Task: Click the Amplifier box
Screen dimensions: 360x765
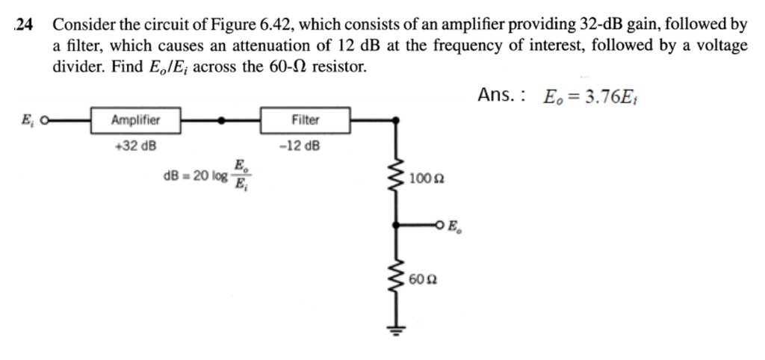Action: click(x=135, y=120)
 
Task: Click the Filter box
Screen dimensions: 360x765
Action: click(x=304, y=120)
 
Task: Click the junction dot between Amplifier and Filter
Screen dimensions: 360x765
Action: click(x=221, y=120)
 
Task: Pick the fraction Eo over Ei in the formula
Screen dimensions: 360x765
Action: click(x=239, y=175)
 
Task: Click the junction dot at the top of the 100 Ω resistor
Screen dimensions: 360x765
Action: click(x=397, y=120)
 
